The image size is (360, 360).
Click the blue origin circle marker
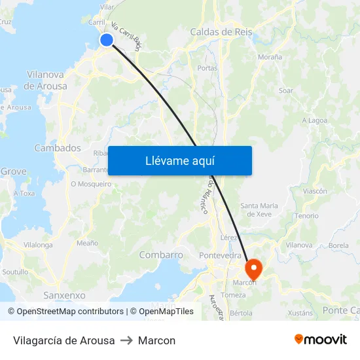pyautogui.click(x=106, y=41)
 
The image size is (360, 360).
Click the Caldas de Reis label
pyautogui.click(x=221, y=31)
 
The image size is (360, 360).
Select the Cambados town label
pyautogui.click(x=58, y=148)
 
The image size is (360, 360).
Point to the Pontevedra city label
pyautogui.click(x=221, y=255)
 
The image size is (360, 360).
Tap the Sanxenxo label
pyautogui.click(x=64, y=295)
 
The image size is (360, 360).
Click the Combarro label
pyautogui.click(x=161, y=255)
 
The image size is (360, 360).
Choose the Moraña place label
pyautogui.click(x=270, y=57)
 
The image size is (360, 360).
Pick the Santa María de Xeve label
pyautogui.click(x=259, y=209)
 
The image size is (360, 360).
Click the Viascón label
pyautogui.click(x=315, y=191)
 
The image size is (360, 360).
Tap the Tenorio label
pyautogui.click(x=306, y=215)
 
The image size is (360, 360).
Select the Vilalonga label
pyautogui.click(x=38, y=245)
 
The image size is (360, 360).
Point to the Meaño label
pyautogui.click(x=87, y=243)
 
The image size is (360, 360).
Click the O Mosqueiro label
pyautogui.click(x=91, y=185)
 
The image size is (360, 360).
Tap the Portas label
pyautogui.click(x=207, y=67)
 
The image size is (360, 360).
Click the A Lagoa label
pyautogui.click(x=314, y=120)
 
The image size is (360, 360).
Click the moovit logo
pyautogui.click(x=320, y=340)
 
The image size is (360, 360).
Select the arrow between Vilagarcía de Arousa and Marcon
pyautogui.click(x=126, y=340)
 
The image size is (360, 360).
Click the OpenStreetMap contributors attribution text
pyautogui.click(x=70, y=312)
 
